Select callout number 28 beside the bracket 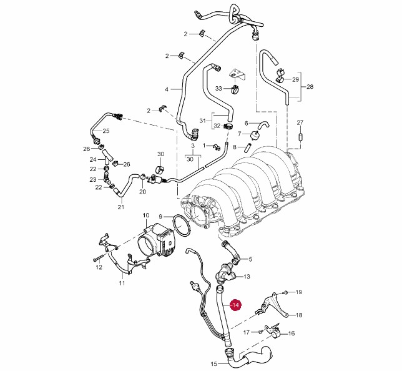[310, 87]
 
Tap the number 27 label [300, 122]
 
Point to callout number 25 [106, 131]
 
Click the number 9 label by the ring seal [160, 216]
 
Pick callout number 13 [247, 276]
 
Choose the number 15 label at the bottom [214, 364]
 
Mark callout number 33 [219, 88]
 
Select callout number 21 [120, 207]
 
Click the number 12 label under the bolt [99, 268]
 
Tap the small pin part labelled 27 [300, 136]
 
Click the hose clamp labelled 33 [235, 89]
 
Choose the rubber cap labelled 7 [255, 135]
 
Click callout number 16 [292, 334]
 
